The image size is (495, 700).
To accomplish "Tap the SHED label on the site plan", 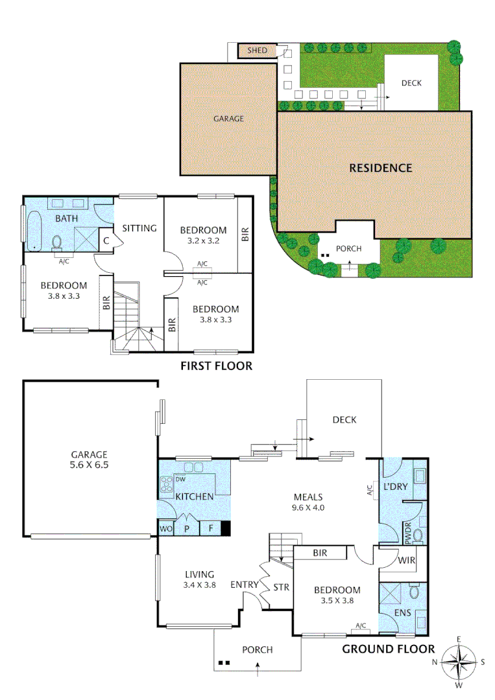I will pyautogui.click(x=258, y=51).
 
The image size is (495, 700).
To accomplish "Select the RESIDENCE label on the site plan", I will pyautogui.click(x=380, y=168).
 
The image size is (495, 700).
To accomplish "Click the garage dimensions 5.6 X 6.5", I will pyautogui.click(x=90, y=465).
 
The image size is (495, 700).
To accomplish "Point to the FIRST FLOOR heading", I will pyautogui.click(x=215, y=367).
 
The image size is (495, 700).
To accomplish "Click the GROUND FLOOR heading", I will pyautogui.click(x=388, y=649).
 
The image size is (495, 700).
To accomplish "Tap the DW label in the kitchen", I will pyautogui.click(x=180, y=480).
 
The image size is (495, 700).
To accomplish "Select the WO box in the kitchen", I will pyautogui.click(x=165, y=529).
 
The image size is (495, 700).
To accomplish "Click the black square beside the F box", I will pyautogui.click(x=226, y=529).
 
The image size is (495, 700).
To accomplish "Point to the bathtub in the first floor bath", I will pyautogui.click(x=34, y=230).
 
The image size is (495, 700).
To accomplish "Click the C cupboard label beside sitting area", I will pyautogui.click(x=106, y=240).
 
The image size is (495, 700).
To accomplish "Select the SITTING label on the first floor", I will pyautogui.click(x=139, y=228).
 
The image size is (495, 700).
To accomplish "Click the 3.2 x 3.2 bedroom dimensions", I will pyautogui.click(x=203, y=240).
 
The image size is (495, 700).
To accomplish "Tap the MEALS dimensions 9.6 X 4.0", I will pyautogui.click(x=308, y=508).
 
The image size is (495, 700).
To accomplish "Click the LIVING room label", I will pyautogui.click(x=200, y=574).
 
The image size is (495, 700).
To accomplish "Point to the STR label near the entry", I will pyautogui.click(x=282, y=589).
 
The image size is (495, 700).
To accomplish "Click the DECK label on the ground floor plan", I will pyautogui.click(x=344, y=420).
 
